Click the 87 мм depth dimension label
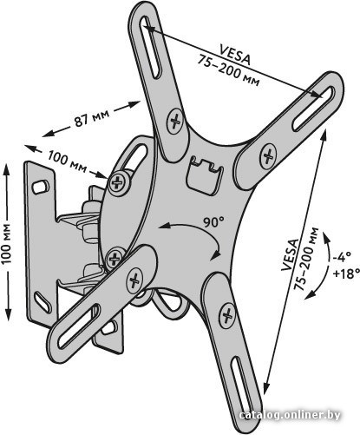(x=92, y=118)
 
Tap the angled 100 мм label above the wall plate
(x=67, y=161)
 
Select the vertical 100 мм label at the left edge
(x=6, y=243)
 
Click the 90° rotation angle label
(x=213, y=222)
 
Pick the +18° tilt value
(x=346, y=273)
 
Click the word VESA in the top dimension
(x=235, y=54)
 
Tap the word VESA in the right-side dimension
(x=290, y=254)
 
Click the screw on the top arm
(x=175, y=121)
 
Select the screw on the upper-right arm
(x=268, y=156)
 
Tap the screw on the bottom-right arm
(x=227, y=315)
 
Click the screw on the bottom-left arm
(x=134, y=280)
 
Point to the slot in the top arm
(x=150, y=47)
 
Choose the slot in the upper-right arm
(x=313, y=108)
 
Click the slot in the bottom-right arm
(x=242, y=381)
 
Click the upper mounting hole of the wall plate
(x=40, y=187)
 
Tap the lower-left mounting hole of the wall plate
(x=43, y=302)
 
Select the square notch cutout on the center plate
(x=205, y=175)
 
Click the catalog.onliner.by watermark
(x=290, y=415)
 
